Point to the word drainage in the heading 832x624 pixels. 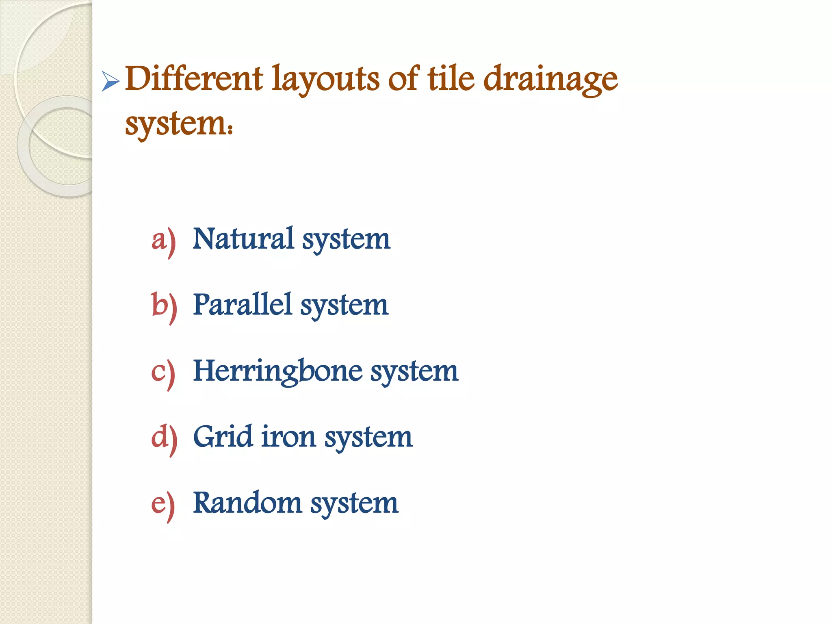[x=551, y=79]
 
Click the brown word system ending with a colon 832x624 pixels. [x=179, y=123]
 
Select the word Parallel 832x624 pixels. [x=243, y=305]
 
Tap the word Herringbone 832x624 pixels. [x=277, y=371]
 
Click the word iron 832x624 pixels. [x=288, y=437]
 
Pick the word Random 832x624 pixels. [x=247, y=503]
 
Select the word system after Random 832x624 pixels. [x=354, y=504]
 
